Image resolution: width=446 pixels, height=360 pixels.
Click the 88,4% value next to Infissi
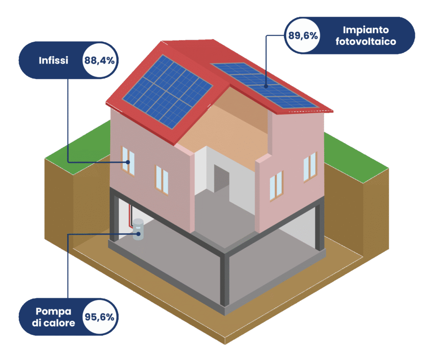click(x=100, y=61)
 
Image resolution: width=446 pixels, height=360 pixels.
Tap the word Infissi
click(x=54, y=61)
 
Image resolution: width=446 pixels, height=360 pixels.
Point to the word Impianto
click(x=365, y=30)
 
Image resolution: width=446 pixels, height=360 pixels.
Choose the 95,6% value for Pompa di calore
click(x=100, y=316)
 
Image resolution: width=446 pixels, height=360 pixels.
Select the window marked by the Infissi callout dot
click(x=128, y=161)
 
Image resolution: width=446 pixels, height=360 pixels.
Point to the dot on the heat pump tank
click(x=138, y=234)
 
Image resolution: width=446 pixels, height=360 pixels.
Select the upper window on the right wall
click(x=310, y=167)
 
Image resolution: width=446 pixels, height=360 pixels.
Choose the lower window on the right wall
click(x=276, y=185)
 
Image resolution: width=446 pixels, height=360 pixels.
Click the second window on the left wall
click(x=162, y=179)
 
